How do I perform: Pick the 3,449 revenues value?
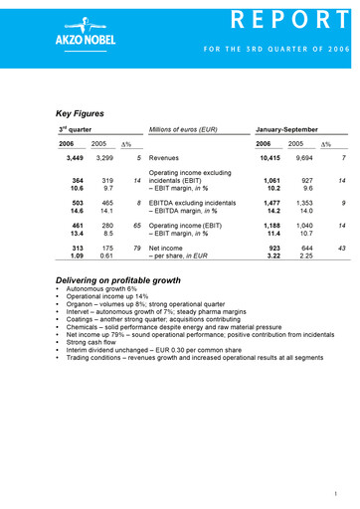click(73, 157)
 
